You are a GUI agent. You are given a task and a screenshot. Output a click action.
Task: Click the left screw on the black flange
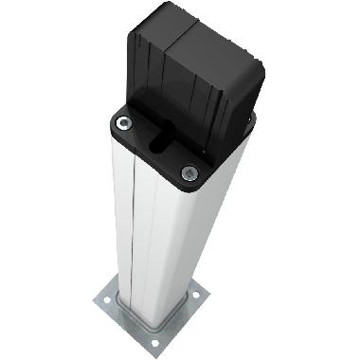[122, 123]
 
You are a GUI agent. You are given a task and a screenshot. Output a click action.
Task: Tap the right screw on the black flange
[189, 172]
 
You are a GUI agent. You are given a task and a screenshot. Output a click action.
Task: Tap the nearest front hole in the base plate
[154, 341]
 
